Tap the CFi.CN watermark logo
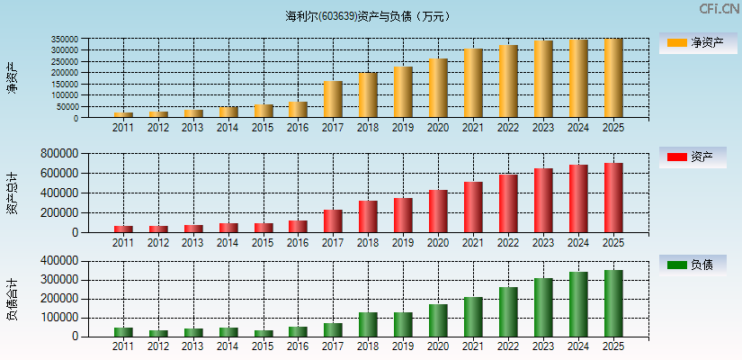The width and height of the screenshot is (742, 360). click(719, 9)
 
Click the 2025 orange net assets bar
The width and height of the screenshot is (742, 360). click(613, 78)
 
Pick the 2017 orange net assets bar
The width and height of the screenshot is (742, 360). click(333, 99)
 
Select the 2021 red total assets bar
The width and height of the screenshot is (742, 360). click(473, 207)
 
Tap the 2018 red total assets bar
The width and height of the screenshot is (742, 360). click(368, 216)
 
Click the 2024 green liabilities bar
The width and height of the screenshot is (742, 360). click(578, 304)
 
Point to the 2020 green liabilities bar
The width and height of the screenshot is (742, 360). click(438, 320)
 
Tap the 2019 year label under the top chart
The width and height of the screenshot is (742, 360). click(403, 128)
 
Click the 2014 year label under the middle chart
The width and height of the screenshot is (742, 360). click(228, 243)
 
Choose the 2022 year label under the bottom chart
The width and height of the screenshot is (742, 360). click(508, 346)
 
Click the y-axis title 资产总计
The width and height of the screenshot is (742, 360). click(12, 193)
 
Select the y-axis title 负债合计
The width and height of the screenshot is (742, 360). click(12, 300)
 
